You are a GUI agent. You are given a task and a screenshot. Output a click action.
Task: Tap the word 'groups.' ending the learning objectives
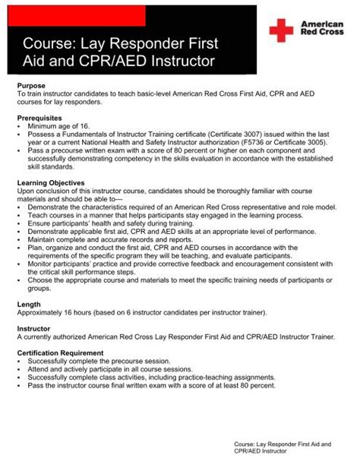[x=40, y=287]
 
